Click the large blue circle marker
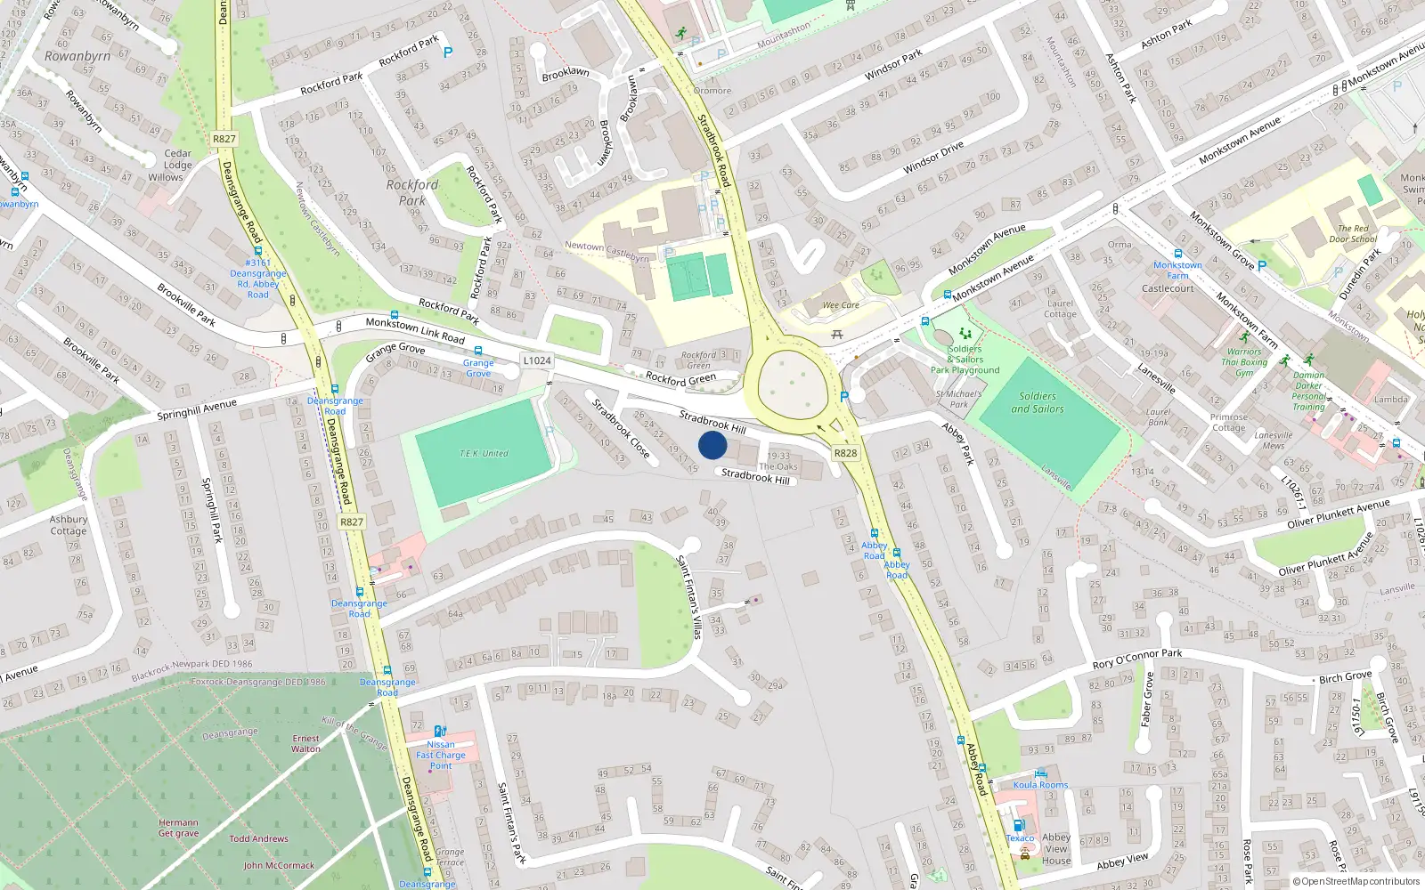[712, 445]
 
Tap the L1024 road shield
[537, 360]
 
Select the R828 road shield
[845, 453]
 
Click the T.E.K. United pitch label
[484, 454]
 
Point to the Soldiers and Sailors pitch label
[1037, 402]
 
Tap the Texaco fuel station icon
[1019, 825]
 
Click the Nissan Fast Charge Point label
[441, 755]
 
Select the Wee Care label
[841, 305]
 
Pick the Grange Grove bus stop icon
[478, 351]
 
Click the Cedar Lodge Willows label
[177, 165]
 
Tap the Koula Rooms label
[1040, 785]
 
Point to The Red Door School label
[1353, 233]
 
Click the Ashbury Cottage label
[69, 525]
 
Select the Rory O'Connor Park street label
[1136, 659]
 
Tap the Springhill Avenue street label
[197, 409]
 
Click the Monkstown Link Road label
[415, 329]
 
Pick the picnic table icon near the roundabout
[836, 335]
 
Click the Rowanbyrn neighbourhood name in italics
[77, 56]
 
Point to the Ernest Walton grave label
[305, 743]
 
